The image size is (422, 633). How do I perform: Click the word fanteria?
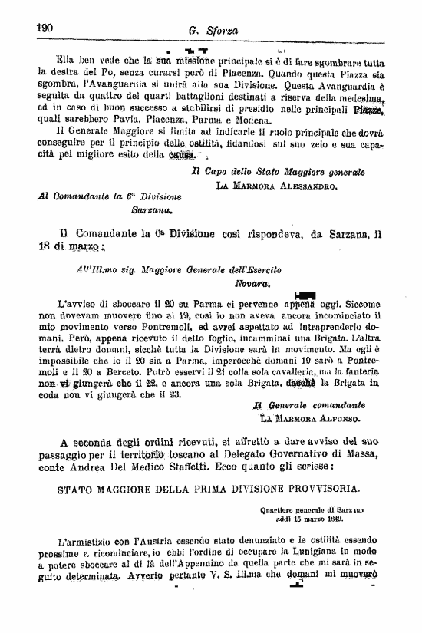[x=361, y=370]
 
